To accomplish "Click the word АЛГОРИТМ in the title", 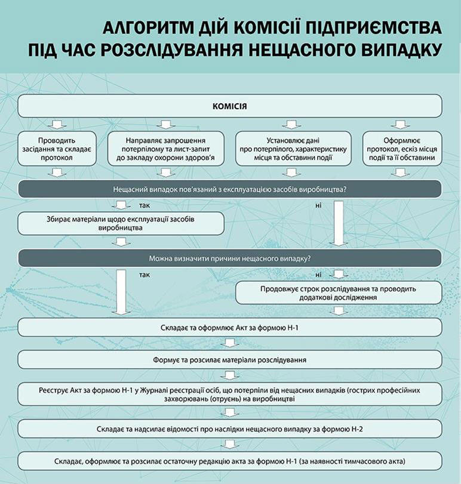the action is pos(147,28).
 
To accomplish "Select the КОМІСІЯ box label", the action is pos(230,106).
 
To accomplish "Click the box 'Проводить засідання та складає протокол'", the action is pos(57,149).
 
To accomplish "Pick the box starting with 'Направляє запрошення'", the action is pos(166,149).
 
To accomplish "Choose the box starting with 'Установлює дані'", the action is pos(293,149).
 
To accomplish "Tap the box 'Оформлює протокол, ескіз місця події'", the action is pos(402,149).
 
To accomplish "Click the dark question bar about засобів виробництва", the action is pos(230,189).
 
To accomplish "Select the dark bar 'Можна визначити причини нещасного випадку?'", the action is pos(230,258).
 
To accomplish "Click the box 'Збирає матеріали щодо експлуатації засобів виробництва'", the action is pos(121,223).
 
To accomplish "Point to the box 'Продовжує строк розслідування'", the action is pos(339,293).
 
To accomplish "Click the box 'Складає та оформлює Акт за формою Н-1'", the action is pos(230,328).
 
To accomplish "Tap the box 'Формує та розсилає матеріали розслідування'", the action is pos(230,360).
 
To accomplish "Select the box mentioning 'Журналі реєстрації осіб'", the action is pos(230,394).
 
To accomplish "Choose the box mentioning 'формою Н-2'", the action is pos(230,428).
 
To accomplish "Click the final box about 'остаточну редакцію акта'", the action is pos(230,461).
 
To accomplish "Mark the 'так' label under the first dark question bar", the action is pos(145,205).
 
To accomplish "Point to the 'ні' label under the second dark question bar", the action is pos(318,275).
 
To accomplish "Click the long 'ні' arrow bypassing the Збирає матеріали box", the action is pos(339,223).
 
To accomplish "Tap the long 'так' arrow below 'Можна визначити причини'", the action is pos(121,292).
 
